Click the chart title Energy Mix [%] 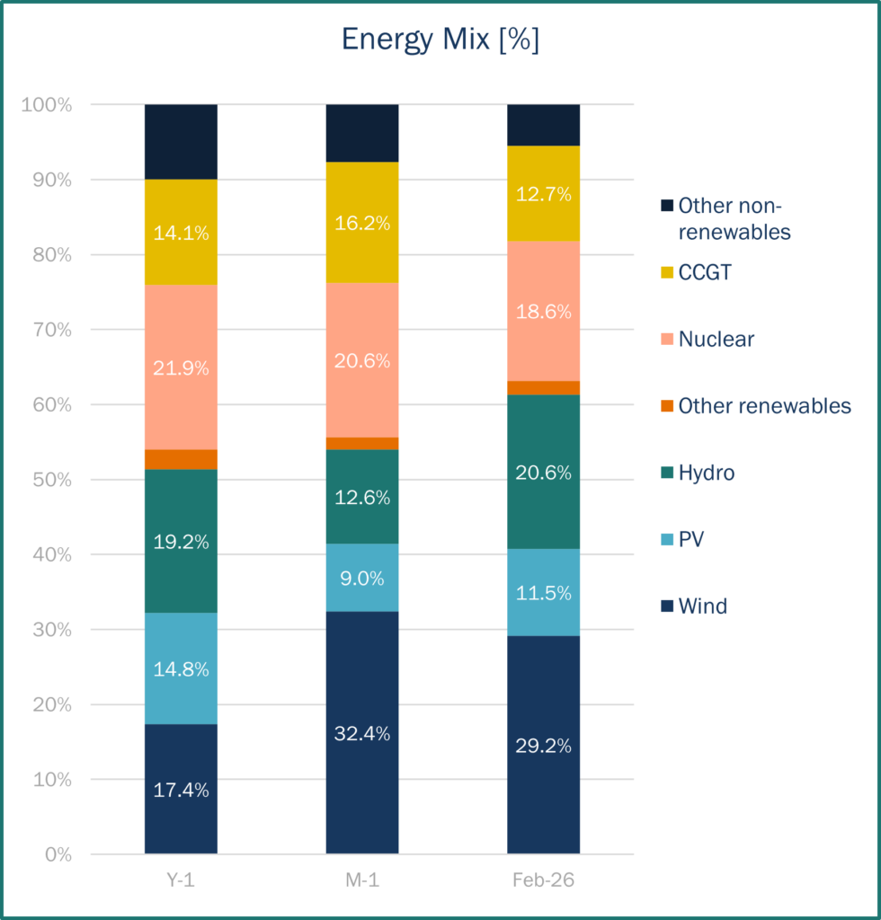440,40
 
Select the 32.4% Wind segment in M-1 361,732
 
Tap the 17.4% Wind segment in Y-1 181,789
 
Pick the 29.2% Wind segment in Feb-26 543,745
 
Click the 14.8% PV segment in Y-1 181,668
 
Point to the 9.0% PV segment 361,578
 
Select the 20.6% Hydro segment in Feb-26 543,472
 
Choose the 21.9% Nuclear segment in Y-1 181,367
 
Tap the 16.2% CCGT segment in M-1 361,223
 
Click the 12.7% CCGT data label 543,194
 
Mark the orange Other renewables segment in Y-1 181,459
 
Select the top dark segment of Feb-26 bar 543,125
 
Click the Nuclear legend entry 716,339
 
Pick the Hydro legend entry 707,473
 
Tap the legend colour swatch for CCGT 666,272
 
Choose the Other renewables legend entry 764,405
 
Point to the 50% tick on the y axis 47,480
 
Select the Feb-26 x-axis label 543,881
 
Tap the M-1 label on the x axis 361,881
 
